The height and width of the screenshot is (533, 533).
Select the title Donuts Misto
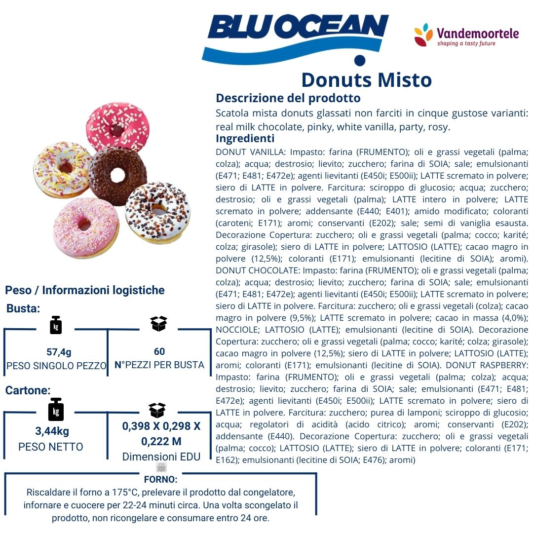click(366, 80)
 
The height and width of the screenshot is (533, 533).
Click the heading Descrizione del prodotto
click(288, 98)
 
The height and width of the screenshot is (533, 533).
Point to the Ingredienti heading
click(245, 139)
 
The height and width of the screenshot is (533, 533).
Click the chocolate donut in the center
click(117, 175)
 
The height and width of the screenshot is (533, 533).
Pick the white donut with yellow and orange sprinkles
click(62, 169)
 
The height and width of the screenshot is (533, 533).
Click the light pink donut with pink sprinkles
click(86, 228)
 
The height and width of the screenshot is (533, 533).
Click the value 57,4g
click(59, 352)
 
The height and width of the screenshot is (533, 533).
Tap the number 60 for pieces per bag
click(159, 351)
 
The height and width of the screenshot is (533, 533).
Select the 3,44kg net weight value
click(52, 431)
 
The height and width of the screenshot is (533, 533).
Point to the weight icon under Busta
click(56, 326)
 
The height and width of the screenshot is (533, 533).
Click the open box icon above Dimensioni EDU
click(157, 410)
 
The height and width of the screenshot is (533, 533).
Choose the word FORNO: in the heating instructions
click(160, 479)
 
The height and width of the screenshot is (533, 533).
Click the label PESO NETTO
click(51, 447)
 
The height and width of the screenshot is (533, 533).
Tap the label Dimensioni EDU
click(161, 457)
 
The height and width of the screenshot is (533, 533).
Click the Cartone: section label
click(28, 390)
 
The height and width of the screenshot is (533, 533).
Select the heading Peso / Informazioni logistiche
click(84, 290)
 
